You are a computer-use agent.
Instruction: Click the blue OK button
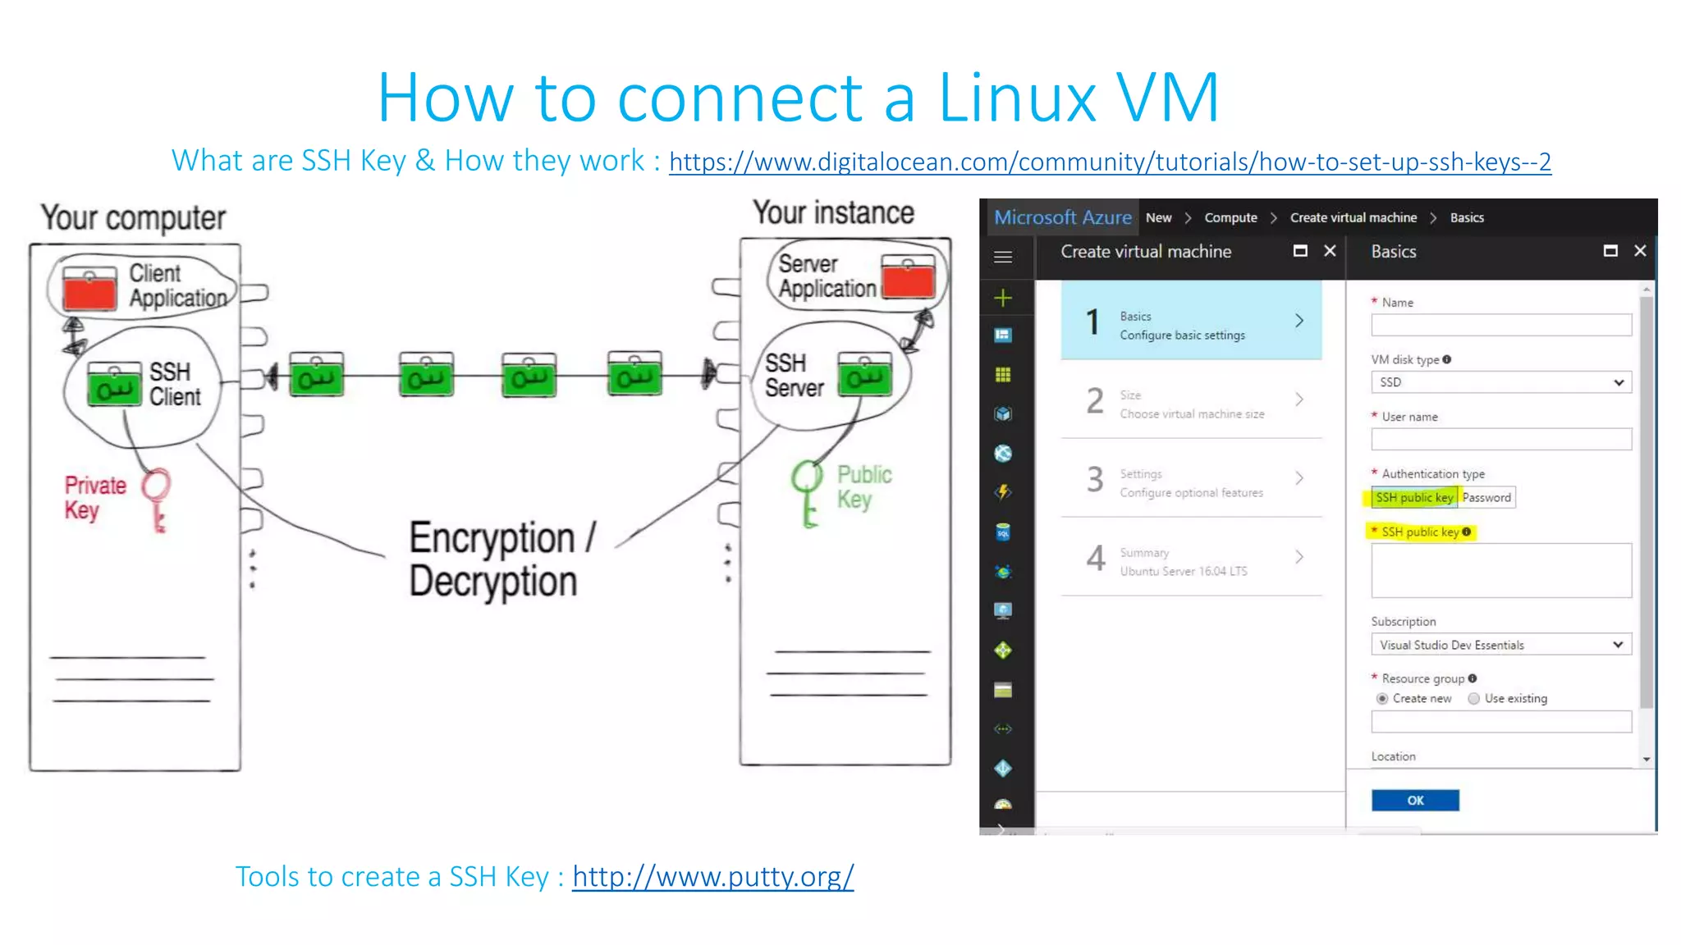pos(1414,800)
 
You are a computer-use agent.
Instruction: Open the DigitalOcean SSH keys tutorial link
pos(1109,162)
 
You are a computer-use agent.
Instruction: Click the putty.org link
pos(712,876)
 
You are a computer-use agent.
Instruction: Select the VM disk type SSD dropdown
pos(1500,382)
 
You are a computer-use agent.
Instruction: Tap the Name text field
pos(1500,326)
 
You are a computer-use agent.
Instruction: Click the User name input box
pos(1500,440)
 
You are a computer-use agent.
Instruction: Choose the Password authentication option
pos(1486,498)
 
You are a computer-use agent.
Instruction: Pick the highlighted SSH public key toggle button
pos(1413,498)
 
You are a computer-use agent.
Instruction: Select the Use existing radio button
pos(1474,699)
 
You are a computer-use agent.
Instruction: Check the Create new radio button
pos(1382,699)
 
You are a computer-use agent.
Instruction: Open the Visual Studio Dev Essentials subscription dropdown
pos(1500,645)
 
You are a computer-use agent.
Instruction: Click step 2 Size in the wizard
pos(1191,402)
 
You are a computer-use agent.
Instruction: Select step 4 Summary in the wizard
pos(1191,560)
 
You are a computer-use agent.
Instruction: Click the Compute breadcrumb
pos(1230,218)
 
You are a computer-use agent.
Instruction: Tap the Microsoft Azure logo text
pos(1062,217)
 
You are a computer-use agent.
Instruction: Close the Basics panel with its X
pos(1639,251)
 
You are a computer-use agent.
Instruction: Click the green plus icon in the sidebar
pos(1003,298)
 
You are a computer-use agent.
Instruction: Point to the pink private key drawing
pos(156,497)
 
